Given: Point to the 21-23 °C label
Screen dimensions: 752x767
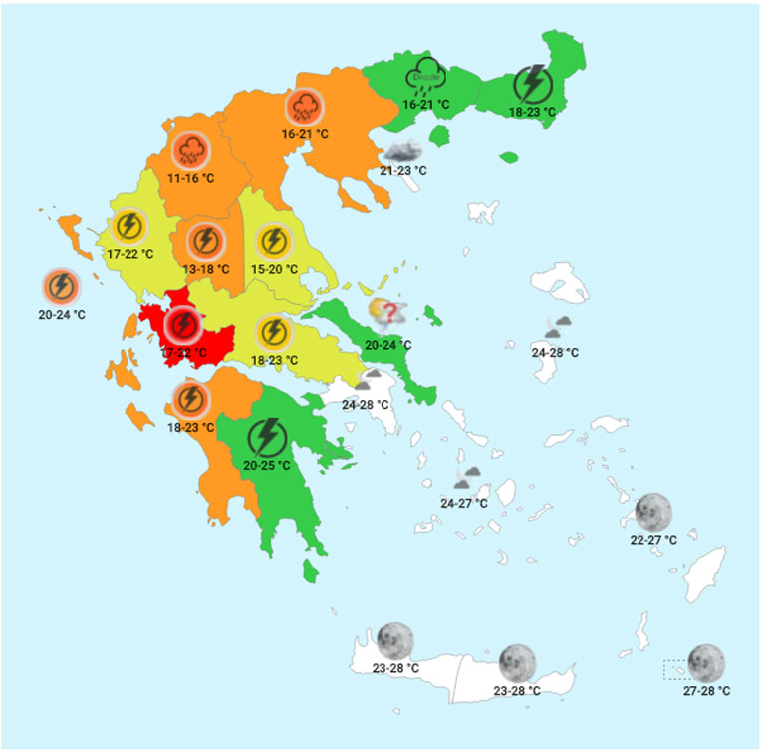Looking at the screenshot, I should [402, 171].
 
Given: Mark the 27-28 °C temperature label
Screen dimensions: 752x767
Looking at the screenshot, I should [706, 691].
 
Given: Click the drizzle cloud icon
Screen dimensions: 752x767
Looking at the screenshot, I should [423, 79].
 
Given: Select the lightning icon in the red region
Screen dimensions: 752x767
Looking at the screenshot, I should [182, 325].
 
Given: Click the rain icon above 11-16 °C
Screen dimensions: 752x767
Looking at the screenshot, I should [189, 151].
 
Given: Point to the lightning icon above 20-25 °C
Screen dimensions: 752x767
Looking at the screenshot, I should [264, 436].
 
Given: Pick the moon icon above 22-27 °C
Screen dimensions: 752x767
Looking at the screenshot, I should [653, 512].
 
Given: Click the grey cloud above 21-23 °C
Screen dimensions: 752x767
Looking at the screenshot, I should [402, 152].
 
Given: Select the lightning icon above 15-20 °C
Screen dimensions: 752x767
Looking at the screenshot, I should [272, 241].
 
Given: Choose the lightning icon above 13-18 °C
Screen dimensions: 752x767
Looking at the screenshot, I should [204, 241].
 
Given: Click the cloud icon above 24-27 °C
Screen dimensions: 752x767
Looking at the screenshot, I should [468, 478].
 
